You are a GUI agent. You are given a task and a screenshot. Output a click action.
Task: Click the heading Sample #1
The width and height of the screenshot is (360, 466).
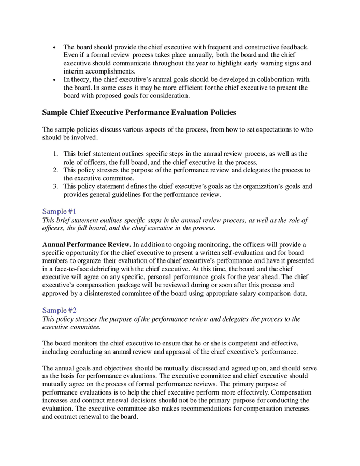(x=59, y=211)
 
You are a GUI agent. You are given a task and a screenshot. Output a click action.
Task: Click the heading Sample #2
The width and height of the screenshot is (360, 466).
(x=59, y=310)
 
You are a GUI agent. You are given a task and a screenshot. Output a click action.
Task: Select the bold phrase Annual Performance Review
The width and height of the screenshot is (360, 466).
(x=86, y=244)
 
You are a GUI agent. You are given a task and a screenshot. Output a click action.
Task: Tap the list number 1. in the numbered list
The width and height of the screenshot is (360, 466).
(x=55, y=154)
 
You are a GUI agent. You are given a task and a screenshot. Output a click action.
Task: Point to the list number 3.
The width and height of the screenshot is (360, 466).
(x=55, y=187)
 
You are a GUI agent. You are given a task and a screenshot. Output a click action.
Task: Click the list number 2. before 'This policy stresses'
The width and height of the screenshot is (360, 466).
(x=55, y=170)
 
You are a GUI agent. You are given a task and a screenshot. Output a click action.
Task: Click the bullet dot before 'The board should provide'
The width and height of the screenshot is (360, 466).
(x=55, y=47)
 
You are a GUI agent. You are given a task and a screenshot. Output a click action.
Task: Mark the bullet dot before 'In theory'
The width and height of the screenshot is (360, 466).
(x=55, y=80)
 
